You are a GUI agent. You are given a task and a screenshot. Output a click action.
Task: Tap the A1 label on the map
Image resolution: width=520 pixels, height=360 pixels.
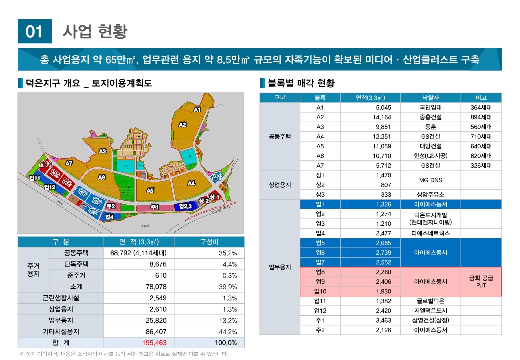pyautogui.click(x=197, y=109)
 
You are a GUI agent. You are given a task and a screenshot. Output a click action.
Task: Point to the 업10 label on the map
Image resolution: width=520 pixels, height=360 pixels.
pyautogui.click(x=46, y=164)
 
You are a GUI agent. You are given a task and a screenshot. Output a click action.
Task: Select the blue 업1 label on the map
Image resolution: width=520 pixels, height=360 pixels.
pyautogui.click(x=216, y=177)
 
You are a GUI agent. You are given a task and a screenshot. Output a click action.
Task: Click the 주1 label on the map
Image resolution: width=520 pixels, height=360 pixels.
pyautogui.click(x=155, y=207)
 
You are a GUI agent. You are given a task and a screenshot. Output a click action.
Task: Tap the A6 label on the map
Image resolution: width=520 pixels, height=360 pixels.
pyautogui.click(x=102, y=177)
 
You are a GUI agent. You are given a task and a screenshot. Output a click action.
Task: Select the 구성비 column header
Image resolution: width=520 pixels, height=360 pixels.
pyautogui.click(x=210, y=242)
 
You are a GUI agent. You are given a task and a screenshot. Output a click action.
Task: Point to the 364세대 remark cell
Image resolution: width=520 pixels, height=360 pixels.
pyautogui.click(x=481, y=107)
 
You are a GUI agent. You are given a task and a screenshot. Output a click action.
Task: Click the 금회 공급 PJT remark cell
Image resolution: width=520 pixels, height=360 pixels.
pyautogui.click(x=481, y=282)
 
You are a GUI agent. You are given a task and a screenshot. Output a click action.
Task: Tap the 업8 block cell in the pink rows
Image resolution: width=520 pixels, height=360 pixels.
pyautogui.click(x=320, y=272)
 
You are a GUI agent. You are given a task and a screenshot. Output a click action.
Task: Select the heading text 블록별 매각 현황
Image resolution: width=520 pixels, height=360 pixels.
pyautogui.click(x=301, y=83)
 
